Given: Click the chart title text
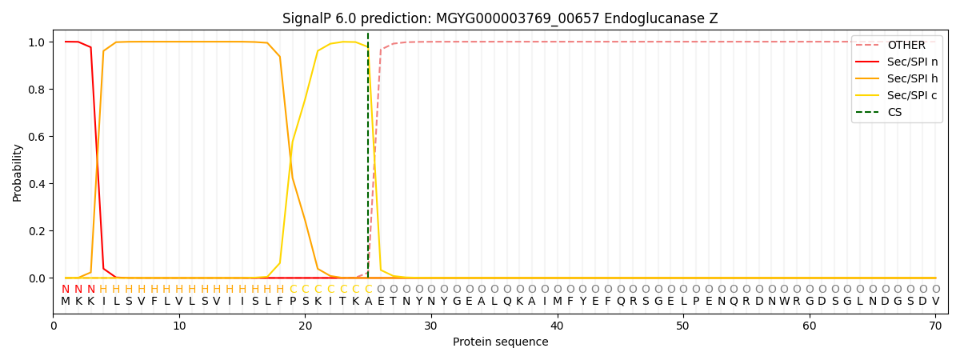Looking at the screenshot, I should point(500,18).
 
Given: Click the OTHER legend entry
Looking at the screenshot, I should point(906,46).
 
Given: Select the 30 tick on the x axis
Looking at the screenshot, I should point(431,326).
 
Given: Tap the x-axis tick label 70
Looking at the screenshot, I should point(935,326).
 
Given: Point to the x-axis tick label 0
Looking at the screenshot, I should point(54,326).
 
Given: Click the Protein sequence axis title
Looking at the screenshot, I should point(500,342).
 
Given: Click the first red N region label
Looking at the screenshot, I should point(66,290).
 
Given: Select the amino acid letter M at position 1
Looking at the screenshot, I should point(66,302).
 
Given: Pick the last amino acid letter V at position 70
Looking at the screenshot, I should point(935,302).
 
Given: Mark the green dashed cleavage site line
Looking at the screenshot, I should point(368,160).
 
